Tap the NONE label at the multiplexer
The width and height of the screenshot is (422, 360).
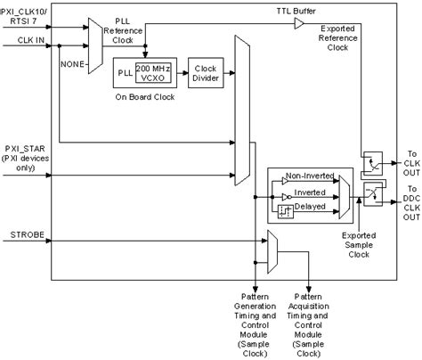coord(73,63)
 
